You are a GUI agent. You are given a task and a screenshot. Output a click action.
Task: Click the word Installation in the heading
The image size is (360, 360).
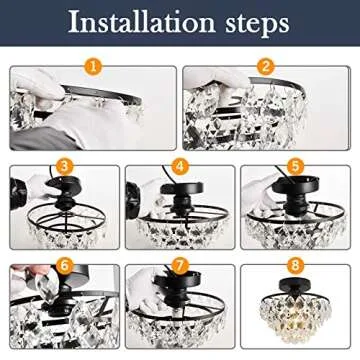pyautogui.click(x=135, y=24)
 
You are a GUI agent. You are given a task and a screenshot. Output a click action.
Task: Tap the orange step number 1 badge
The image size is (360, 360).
pyautogui.click(x=93, y=69)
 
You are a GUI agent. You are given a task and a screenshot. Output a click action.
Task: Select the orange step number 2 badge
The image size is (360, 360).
pyautogui.click(x=266, y=69)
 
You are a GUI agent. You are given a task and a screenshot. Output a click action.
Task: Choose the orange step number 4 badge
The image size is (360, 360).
pyautogui.click(x=180, y=166)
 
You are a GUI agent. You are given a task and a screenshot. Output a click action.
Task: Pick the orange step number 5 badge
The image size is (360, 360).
pyautogui.click(x=295, y=166)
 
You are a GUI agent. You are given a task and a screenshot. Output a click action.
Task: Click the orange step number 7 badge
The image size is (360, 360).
pyautogui.click(x=180, y=267)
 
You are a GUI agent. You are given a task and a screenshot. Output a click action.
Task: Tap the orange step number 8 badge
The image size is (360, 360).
pyautogui.click(x=295, y=267)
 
